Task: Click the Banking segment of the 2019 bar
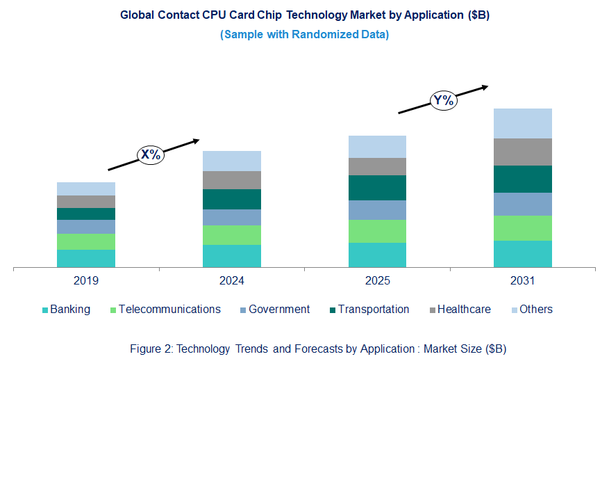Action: pyautogui.click(x=86, y=258)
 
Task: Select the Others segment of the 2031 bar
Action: pyautogui.click(x=522, y=123)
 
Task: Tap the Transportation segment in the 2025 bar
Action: pyautogui.click(x=377, y=188)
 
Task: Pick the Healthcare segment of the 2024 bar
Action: pyautogui.click(x=232, y=180)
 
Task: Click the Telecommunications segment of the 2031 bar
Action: pyautogui.click(x=522, y=228)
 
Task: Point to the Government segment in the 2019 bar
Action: pyautogui.click(x=86, y=227)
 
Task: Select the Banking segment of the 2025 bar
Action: pyautogui.click(x=377, y=255)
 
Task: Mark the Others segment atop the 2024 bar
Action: pyautogui.click(x=232, y=161)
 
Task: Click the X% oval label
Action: pyautogui.click(x=151, y=154)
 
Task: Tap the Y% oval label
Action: pyautogui.click(x=442, y=100)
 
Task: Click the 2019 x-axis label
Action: pyautogui.click(x=86, y=281)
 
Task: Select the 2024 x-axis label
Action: pyautogui.click(x=232, y=281)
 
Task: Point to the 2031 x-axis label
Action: pyautogui.click(x=522, y=281)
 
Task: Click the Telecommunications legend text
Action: pyautogui.click(x=169, y=310)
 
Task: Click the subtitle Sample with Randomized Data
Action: pyautogui.click(x=304, y=35)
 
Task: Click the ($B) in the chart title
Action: pyautogui.click(x=478, y=15)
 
